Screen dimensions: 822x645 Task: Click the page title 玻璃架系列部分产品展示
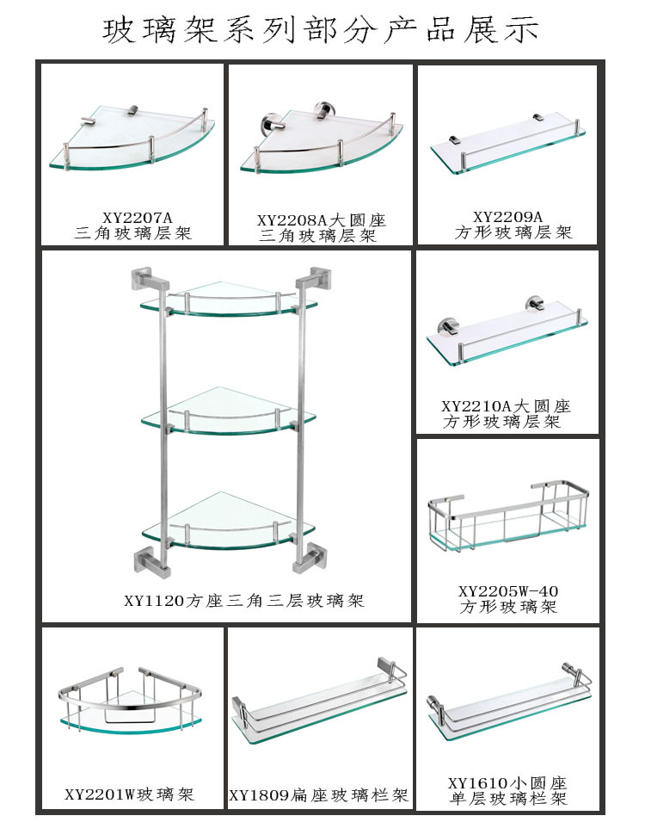[x=322, y=30]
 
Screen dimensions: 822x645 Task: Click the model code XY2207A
[x=132, y=218]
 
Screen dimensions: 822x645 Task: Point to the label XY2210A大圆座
[x=506, y=406]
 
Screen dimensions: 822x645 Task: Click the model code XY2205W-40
[x=508, y=591]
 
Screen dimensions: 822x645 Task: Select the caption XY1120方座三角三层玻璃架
[x=243, y=601]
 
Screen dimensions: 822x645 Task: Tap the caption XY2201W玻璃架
[x=130, y=794]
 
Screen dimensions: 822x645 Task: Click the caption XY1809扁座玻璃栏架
[x=318, y=795]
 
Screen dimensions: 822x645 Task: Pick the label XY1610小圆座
[x=507, y=783]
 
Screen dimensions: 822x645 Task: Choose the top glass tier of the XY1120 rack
[x=228, y=298]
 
